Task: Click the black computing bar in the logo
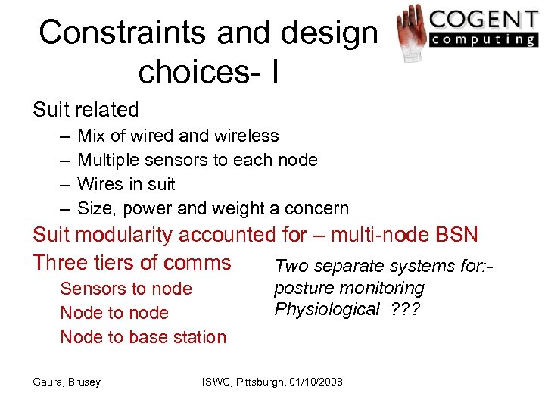click(482, 39)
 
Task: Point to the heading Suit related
click(86, 110)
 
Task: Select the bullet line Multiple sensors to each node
click(197, 160)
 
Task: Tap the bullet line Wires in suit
click(126, 184)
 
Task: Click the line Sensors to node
click(126, 289)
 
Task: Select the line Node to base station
click(143, 337)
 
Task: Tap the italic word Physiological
click(326, 309)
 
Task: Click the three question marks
click(406, 309)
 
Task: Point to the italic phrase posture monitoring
click(348, 288)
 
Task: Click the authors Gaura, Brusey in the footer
click(67, 382)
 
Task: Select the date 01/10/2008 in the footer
click(313, 382)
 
